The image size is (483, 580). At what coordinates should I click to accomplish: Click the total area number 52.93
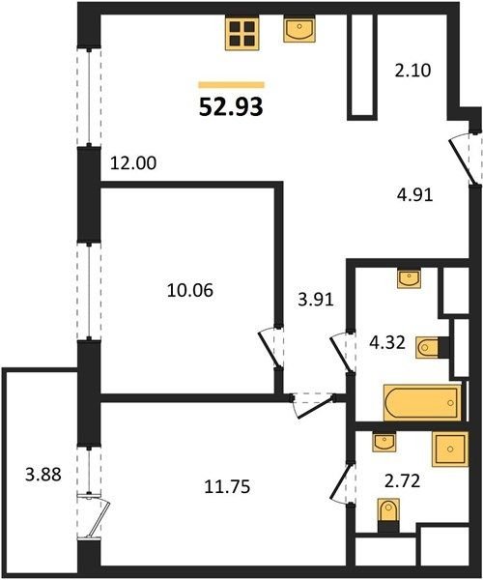(x=231, y=107)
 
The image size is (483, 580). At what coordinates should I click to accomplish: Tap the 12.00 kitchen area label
(x=133, y=163)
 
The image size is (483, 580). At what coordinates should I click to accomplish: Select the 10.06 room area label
(x=190, y=290)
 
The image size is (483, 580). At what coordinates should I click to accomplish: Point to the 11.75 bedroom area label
(x=227, y=486)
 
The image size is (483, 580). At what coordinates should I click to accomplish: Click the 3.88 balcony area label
(x=43, y=474)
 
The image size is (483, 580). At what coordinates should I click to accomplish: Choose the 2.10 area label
(x=412, y=71)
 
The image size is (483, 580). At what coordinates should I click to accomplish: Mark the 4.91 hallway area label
(x=414, y=194)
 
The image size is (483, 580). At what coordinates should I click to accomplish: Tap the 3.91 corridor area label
(x=316, y=300)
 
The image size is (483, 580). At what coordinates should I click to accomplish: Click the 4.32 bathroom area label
(x=387, y=342)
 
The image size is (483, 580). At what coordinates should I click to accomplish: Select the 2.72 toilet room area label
(x=403, y=481)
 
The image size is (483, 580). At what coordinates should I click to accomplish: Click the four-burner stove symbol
(x=242, y=33)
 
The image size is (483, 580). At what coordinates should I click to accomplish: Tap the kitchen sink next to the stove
(x=299, y=29)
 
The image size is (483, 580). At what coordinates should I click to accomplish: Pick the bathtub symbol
(x=423, y=403)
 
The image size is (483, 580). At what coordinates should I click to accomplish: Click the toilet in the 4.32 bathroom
(x=428, y=347)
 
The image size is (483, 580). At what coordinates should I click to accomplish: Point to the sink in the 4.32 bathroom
(x=409, y=278)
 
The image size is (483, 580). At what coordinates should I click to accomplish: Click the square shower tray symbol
(x=450, y=449)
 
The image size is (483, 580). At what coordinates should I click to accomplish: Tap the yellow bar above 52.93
(x=231, y=85)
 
